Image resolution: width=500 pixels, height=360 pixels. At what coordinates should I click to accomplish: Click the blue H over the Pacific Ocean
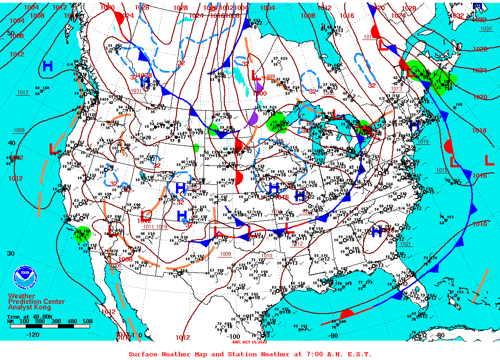click(x=47, y=66)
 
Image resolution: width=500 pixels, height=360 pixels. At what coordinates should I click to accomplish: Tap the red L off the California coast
click(x=54, y=149)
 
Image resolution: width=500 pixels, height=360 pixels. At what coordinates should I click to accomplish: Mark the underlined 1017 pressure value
click(x=22, y=92)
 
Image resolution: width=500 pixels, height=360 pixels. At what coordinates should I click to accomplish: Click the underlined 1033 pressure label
click(x=486, y=29)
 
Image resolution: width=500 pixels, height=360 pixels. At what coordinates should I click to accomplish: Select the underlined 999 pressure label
click(x=271, y=77)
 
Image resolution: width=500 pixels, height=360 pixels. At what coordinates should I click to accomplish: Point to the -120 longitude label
click(x=33, y=334)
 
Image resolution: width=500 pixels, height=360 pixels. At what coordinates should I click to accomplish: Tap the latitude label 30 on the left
click(x=11, y=253)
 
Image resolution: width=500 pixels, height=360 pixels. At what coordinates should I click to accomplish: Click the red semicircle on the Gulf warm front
click(x=347, y=314)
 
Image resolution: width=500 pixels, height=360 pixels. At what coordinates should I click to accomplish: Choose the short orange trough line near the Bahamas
click(x=480, y=287)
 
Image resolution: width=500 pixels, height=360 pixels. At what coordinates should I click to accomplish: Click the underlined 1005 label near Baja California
click(x=116, y=266)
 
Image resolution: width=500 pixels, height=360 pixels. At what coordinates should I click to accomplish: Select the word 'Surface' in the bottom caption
click(x=142, y=354)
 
